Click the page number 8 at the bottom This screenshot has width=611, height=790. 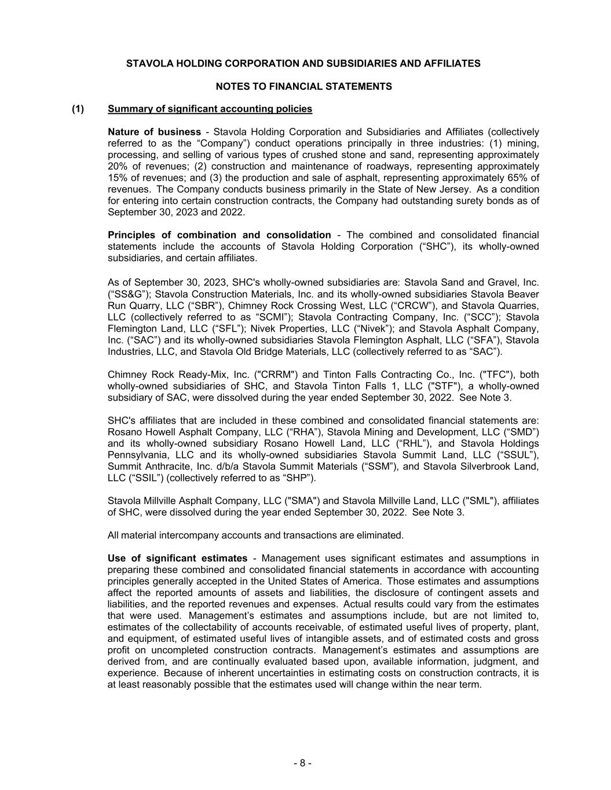pos(302,763)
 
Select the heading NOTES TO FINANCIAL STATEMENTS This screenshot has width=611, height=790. pos(303,86)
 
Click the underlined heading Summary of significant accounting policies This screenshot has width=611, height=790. pos(210,109)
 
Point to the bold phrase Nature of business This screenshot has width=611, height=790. pos(154,132)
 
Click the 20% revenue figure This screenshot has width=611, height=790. pos(118,166)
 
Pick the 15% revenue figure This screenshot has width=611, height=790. pos(118,178)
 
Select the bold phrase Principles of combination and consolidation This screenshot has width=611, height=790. pos(219,235)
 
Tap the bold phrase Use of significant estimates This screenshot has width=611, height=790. pos(177,558)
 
